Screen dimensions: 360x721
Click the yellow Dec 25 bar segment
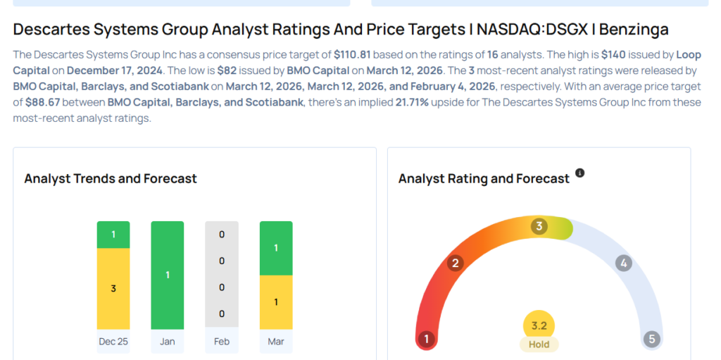pyautogui.click(x=113, y=288)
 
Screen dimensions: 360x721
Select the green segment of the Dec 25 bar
pyautogui.click(x=113, y=235)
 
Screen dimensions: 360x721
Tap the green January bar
pyautogui.click(x=168, y=275)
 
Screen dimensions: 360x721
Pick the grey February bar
pyautogui.click(x=222, y=274)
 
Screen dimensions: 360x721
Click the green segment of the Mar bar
pyautogui.click(x=276, y=248)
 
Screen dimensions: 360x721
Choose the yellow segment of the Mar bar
pyautogui.click(x=276, y=302)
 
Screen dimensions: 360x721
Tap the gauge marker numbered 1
pyautogui.click(x=425, y=340)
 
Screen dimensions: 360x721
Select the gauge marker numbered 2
pyautogui.click(x=456, y=263)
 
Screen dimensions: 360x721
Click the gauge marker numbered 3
pyautogui.click(x=539, y=226)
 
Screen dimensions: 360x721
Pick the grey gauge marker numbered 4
pyautogui.click(x=623, y=263)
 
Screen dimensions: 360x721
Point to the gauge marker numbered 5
pyautogui.click(x=652, y=340)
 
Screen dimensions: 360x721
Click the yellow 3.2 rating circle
pyautogui.click(x=539, y=325)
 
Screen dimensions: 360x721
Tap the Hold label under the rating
pyautogui.click(x=539, y=345)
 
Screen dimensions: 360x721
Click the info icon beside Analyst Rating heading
pyautogui.click(x=580, y=173)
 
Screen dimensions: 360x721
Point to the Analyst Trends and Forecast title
pyautogui.click(x=111, y=178)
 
